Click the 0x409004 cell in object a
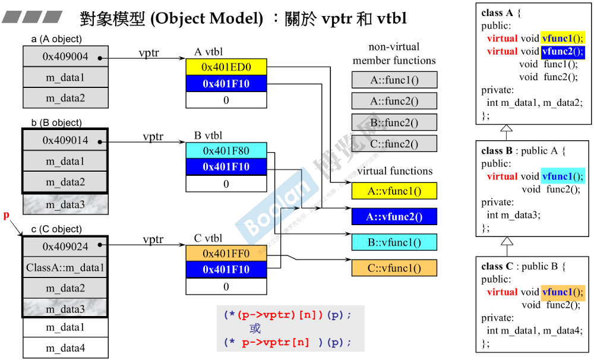[65, 57]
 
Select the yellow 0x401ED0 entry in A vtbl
[226, 67]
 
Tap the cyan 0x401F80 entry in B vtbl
[226, 150]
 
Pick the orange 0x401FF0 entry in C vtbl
[226, 254]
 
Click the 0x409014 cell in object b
[65, 141]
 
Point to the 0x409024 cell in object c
[65, 246]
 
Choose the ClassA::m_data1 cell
[65, 267]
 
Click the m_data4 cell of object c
[65, 348]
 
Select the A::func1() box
[394, 80]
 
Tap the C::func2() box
[394, 144]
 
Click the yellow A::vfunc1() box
[394, 191]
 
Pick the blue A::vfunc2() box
[394, 217]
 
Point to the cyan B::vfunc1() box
[394, 242]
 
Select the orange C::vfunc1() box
[394, 268]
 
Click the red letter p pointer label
[7, 215]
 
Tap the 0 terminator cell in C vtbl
[226, 287]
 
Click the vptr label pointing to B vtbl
[153, 137]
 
